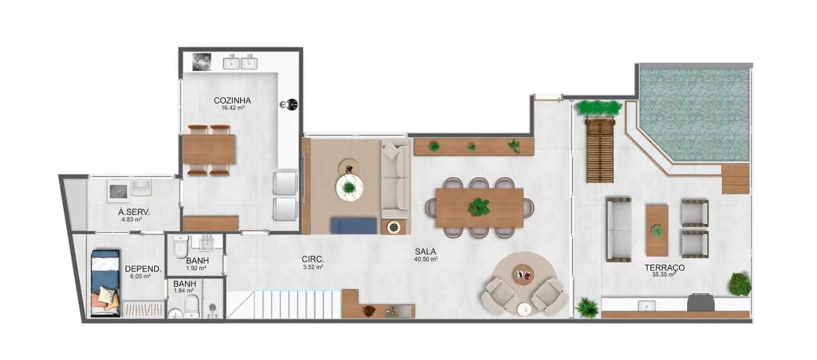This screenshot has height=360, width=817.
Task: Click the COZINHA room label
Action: [232, 101]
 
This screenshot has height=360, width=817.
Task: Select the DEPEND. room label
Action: [143, 269]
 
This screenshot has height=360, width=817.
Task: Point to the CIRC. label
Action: [313, 259]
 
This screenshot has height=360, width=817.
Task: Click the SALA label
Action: [425, 251]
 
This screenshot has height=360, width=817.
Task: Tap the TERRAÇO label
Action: [664, 267]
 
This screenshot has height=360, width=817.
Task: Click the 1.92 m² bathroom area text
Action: [196, 268]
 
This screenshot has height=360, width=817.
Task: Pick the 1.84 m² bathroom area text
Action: [184, 290]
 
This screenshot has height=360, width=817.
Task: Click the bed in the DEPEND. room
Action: [105, 282]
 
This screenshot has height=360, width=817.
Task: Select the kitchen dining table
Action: [209, 150]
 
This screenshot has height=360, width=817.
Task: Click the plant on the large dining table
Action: [479, 207]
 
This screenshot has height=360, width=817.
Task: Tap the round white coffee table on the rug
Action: [349, 188]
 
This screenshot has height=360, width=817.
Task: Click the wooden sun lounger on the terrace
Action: [599, 150]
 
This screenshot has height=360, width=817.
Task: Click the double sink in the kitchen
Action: [240, 63]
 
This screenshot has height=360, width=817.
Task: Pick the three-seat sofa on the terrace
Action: [618, 229]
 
